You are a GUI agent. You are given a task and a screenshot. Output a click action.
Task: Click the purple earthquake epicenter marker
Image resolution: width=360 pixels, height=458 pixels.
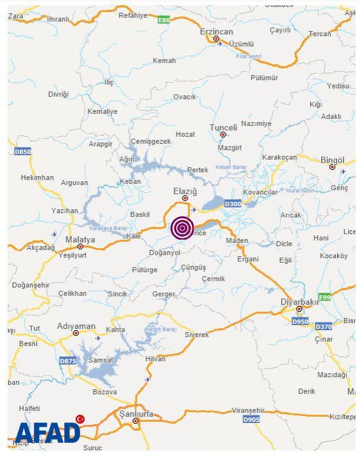183,227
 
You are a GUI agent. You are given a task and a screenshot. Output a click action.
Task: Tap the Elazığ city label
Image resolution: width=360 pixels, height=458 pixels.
185,191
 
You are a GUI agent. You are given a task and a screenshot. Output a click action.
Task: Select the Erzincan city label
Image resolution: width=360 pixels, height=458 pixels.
216,31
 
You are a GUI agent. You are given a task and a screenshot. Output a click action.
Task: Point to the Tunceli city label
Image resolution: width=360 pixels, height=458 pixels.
223,127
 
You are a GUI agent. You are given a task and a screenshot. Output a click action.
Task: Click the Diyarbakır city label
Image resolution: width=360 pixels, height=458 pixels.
300,302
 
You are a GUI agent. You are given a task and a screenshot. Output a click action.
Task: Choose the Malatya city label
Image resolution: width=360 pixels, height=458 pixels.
80,239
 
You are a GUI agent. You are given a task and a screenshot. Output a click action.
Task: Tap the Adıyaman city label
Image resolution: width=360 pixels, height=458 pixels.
76,326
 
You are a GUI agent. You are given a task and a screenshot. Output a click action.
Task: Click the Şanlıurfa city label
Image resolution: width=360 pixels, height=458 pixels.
136,413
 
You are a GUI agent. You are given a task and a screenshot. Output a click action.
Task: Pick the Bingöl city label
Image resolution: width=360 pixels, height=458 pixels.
332,160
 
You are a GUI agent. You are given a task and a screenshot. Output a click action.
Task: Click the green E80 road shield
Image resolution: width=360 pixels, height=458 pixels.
164,20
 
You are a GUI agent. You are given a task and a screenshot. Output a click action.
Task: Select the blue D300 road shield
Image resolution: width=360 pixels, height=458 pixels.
233,204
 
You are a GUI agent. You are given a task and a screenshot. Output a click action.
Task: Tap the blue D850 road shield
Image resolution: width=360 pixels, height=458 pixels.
22,151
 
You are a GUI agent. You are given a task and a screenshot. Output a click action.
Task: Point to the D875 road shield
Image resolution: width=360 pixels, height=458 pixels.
68,361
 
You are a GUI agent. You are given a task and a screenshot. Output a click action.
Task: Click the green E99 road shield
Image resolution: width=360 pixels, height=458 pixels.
324,297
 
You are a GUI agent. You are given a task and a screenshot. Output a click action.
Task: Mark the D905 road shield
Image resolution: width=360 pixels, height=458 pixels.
251,419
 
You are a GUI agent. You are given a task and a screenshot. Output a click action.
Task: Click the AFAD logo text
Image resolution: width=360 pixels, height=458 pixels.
47,434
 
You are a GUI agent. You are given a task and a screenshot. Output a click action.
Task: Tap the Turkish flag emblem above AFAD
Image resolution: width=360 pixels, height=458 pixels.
80,419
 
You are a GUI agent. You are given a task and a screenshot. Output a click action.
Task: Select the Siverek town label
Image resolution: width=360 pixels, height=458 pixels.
197,334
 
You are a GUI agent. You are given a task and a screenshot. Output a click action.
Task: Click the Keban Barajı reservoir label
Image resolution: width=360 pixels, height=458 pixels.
230,167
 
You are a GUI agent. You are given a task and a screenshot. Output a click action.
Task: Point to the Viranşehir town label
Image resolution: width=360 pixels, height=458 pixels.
247,410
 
